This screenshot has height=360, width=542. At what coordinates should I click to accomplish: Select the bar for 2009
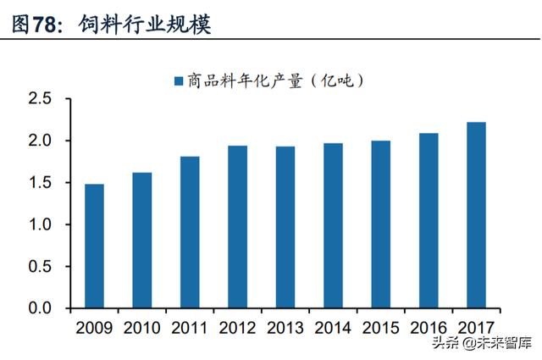click(x=94, y=246)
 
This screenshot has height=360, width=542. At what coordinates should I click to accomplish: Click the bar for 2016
click(x=429, y=220)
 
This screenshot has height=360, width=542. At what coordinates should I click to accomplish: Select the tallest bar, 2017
click(x=476, y=215)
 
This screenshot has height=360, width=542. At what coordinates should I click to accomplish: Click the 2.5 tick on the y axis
click(x=40, y=99)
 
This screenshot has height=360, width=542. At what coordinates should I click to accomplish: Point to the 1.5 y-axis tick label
click(x=40, y=183)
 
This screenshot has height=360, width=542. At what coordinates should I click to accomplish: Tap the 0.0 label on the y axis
click(x=40, y=308)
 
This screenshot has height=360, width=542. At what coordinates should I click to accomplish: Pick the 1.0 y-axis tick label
click(x=40, y=224)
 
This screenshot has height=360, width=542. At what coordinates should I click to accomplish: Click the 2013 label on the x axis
click(x=285, y=328)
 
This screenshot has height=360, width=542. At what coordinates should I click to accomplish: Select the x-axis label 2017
click(x=476, y=328)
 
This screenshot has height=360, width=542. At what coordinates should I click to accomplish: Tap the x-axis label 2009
click(x=94, y=328)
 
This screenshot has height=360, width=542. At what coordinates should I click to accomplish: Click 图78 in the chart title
click(x=35, y=25)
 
